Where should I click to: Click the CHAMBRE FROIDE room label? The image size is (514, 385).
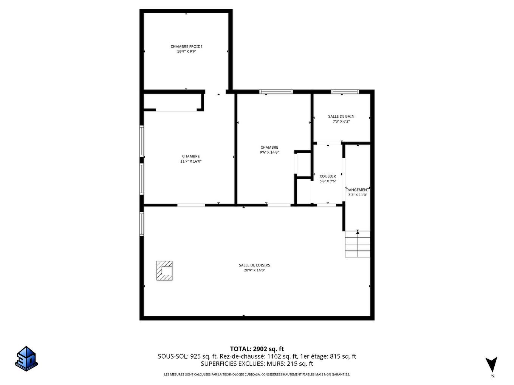pos(186,46)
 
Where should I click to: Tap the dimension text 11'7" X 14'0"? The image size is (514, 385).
pos(191,161)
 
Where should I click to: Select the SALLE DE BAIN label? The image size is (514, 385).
pos(341,116)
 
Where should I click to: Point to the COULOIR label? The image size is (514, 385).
pos(328,176)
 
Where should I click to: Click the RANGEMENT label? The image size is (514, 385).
pos(358,190)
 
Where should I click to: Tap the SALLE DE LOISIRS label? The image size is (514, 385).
pos(254,265)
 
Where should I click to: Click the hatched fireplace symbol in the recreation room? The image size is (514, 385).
pos(164,271)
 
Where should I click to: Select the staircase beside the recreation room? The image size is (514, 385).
pos(358,244)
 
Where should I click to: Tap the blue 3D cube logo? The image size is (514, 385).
pos(26,359)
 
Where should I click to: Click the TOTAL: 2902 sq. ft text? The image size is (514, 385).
pos(257,349)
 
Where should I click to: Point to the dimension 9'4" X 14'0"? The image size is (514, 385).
pos(269,152)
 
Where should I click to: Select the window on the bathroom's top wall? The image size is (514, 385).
pos(345,92)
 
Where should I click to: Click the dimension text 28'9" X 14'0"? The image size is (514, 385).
pos(254,270)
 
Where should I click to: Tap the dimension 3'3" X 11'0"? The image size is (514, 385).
pos(358,195)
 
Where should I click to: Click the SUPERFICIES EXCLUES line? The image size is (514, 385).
pos(257,364)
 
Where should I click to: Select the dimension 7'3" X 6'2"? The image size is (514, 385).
pos(341,122)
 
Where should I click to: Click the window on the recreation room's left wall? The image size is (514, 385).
pos(142,224)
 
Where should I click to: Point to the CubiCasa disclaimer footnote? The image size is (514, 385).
pos(257,374)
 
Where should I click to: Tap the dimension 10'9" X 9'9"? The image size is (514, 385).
pos(186,52)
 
